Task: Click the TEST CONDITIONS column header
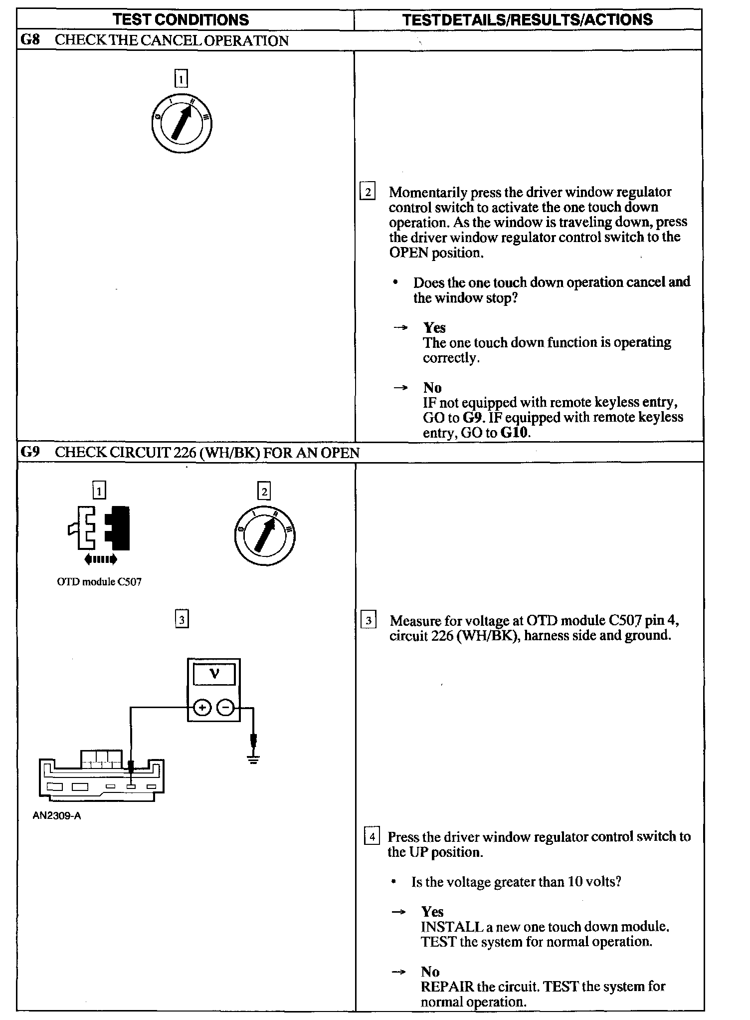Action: click(x=181, y=20)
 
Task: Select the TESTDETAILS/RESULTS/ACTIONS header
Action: click(x=527, y=20)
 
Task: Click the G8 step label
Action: click(x=30, y=40)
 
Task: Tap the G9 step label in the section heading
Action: click(x=30, y=452)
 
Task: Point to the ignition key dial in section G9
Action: click(x=264, y=535)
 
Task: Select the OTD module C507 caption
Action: click(x=99, y=582)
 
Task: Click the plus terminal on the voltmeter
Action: click(x=202, y=708)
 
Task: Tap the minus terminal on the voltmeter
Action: click(x=226, y=708)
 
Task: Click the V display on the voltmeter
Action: click(x=214, y=675)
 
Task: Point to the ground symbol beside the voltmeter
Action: click(x=254, y=759)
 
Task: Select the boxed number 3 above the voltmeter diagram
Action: click(x=182, y=620)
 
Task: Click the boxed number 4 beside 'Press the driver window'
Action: click(x=372, y=836)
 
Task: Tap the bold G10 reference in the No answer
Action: click(x=514, y=433)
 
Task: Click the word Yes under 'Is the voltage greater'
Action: click(x=432, y=912)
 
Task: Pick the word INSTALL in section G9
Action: click(x=452, y=927)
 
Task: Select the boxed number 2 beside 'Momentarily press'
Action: click(x=368, y=192)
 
